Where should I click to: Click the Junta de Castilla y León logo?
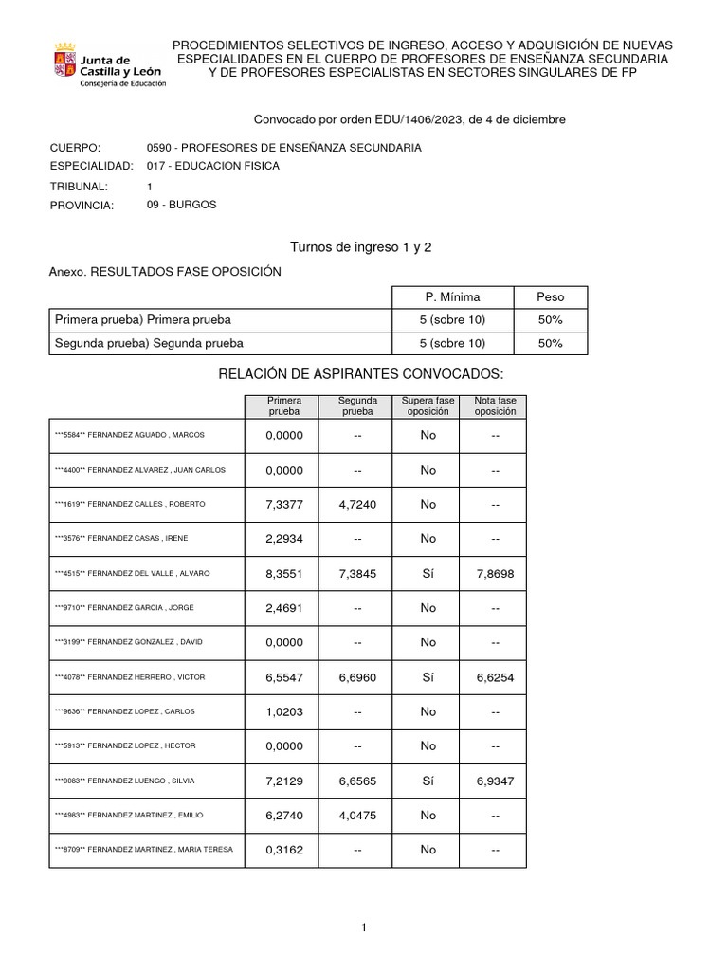108,64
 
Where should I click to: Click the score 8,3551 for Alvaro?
284,573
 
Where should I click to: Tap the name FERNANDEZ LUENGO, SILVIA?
142,781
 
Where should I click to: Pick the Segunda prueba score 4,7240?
357,504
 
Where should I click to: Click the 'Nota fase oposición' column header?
495,406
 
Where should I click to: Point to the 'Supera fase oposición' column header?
428,406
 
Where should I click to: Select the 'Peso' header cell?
550,296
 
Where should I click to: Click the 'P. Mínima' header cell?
452,296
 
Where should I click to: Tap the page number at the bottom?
364,928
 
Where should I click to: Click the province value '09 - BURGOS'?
182,205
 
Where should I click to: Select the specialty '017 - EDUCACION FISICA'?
213,167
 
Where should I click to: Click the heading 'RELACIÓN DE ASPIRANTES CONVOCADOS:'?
361,375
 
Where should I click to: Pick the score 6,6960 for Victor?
357,677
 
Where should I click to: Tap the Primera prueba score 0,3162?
284,850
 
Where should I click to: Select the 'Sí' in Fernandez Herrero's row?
428,677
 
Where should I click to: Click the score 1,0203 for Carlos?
284,711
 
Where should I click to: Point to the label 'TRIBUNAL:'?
79,186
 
